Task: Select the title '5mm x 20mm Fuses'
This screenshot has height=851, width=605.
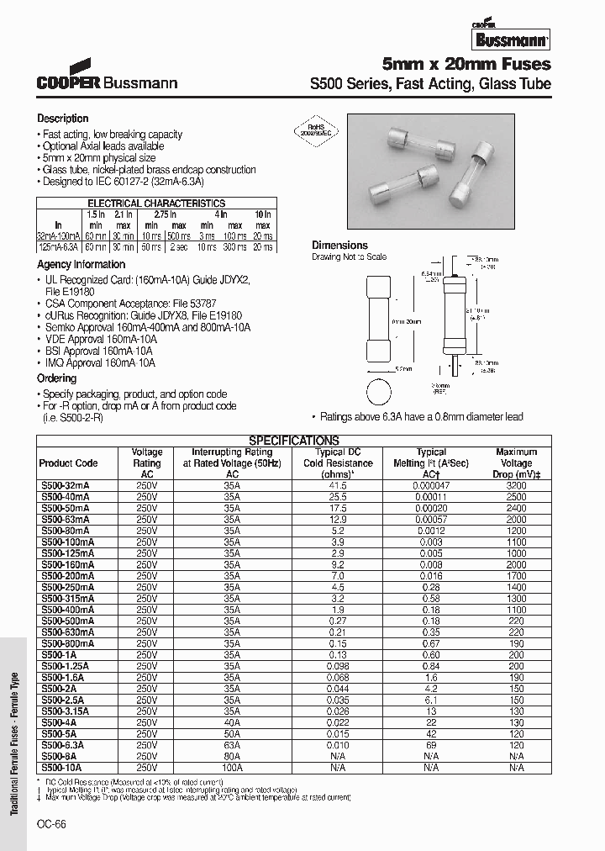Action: (x=466, y=64)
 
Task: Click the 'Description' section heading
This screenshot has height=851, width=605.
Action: (x=62, y=119)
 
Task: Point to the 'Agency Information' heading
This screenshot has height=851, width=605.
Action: (x=81, y=264)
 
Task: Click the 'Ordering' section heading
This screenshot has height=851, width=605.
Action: (x=56, y=378)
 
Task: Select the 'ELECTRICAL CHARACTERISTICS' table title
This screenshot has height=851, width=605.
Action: (x=156, y=203)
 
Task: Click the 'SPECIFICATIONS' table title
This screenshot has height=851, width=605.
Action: (x=294, y=440)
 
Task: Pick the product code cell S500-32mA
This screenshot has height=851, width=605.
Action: (x=64, y=486)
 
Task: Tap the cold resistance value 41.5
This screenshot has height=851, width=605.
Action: (x=338, y=486)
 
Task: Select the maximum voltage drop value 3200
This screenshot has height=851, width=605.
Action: (x=516, y=486)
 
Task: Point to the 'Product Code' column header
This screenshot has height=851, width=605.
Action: (x=68, y=463)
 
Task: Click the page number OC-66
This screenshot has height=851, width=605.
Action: (x=50, y=824)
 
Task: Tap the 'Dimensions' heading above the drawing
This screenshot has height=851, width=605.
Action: (x=339, y=246)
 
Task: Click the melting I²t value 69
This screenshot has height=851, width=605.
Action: (x=431, y=745)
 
